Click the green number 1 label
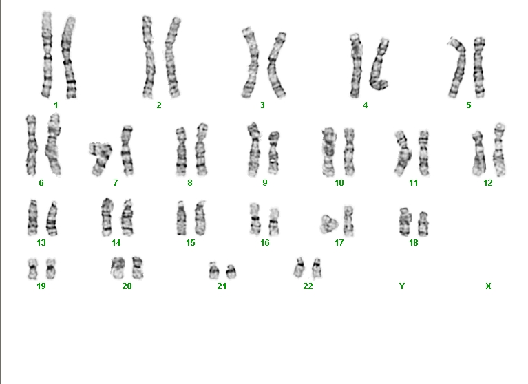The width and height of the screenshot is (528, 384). (56, 105)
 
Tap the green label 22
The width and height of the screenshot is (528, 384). (308, 286)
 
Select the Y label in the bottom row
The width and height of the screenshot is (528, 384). (402, 286)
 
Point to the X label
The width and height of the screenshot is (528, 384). (488, 286)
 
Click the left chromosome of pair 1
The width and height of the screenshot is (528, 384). (47, 55)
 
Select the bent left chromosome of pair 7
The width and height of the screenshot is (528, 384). (101, 158)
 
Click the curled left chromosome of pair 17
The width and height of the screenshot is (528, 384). (329, 224)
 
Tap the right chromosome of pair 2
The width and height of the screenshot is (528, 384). (172, 57)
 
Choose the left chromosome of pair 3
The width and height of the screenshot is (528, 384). (251, 63)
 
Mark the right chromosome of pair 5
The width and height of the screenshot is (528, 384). (479, 67)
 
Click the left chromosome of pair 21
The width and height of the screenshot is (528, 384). (214, 270)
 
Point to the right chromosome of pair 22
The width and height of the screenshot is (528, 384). (317, 268)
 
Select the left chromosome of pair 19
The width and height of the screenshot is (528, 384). (32, 268)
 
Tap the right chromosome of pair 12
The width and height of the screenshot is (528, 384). (499, 150)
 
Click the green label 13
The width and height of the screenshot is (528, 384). (41, 243)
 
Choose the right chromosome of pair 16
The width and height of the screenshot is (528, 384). (274, 222)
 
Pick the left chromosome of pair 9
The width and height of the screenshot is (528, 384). (254, 150)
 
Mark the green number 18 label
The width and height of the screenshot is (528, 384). (414, 243)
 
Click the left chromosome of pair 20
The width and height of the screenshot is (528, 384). (118, 268)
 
